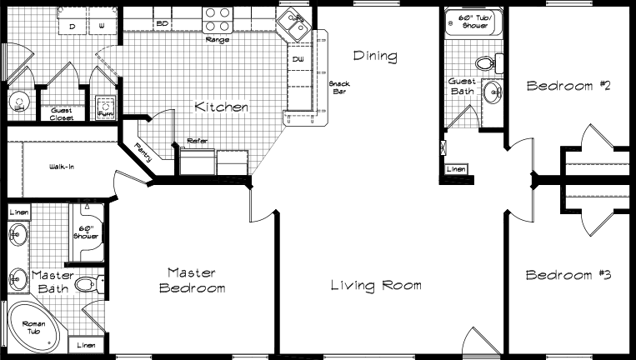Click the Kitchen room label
(221, 107)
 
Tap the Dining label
(374, 57)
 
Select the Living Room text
(375, 285)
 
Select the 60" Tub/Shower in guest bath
(471, 22)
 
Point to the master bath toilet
(87, 285)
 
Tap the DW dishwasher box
(298, 60)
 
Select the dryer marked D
(73, 27)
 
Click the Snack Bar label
(339, 87)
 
